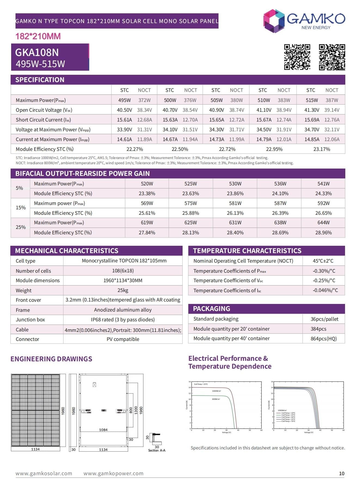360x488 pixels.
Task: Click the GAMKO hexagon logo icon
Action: click(274, 21)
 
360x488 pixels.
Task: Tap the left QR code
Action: click(297, 57)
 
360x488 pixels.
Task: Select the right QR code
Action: click(332, 57)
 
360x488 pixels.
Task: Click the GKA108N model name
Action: click(37, 52)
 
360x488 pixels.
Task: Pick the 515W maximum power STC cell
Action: click(312, 100)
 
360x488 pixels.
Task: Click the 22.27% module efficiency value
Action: click(135, 149)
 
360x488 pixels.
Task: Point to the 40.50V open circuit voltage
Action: click(124, 110)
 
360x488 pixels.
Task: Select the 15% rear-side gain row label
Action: click(21, 208)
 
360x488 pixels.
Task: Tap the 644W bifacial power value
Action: click(323, 222)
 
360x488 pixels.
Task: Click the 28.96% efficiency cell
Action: click(323, 232)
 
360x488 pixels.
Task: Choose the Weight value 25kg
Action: click(123, 290)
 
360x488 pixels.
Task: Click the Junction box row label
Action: click(30, 319)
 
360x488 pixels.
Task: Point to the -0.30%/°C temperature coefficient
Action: click(324, 271)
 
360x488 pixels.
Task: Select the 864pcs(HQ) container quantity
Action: click(324, 338)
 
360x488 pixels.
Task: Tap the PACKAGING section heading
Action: click(211, 309)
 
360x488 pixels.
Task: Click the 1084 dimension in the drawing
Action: click(103, 430)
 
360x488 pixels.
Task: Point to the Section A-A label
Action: click(157, 450)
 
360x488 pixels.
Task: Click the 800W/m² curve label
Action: click(216, 399)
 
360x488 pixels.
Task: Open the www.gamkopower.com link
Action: click(113, 473)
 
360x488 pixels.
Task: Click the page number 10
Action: click(341, 473)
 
